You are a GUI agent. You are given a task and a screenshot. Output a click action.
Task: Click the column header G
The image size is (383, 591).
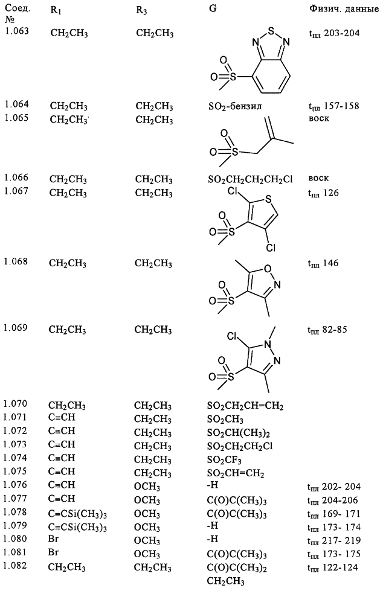click(213, 8)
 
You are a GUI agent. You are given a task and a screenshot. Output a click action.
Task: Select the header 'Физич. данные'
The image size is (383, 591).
click(344, 8)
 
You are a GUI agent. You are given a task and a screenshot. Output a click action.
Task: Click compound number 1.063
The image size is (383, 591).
click(17, 31)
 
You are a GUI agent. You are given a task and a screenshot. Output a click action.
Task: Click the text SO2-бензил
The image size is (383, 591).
click(235, 106)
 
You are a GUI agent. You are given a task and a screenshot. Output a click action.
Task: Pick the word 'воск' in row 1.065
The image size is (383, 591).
click(319, 118)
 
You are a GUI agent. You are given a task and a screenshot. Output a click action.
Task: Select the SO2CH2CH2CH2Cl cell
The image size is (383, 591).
click(250, 180)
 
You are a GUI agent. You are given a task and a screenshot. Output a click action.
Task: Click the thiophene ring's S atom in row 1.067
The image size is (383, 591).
click(269, 198)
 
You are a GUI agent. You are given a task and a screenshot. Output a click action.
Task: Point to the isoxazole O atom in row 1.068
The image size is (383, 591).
click(268, 269)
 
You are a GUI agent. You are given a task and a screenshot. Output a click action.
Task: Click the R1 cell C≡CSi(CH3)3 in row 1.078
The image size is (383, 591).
click(77, 514)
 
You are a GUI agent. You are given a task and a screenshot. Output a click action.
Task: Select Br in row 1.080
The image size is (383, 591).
click(53, 539)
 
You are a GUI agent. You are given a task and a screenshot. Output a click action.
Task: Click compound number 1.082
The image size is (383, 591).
click(15, 566)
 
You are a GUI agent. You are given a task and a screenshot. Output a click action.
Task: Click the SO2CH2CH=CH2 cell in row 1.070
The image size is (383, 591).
click(245, 406)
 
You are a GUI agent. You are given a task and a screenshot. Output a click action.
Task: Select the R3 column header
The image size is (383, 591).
click(141, 10)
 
